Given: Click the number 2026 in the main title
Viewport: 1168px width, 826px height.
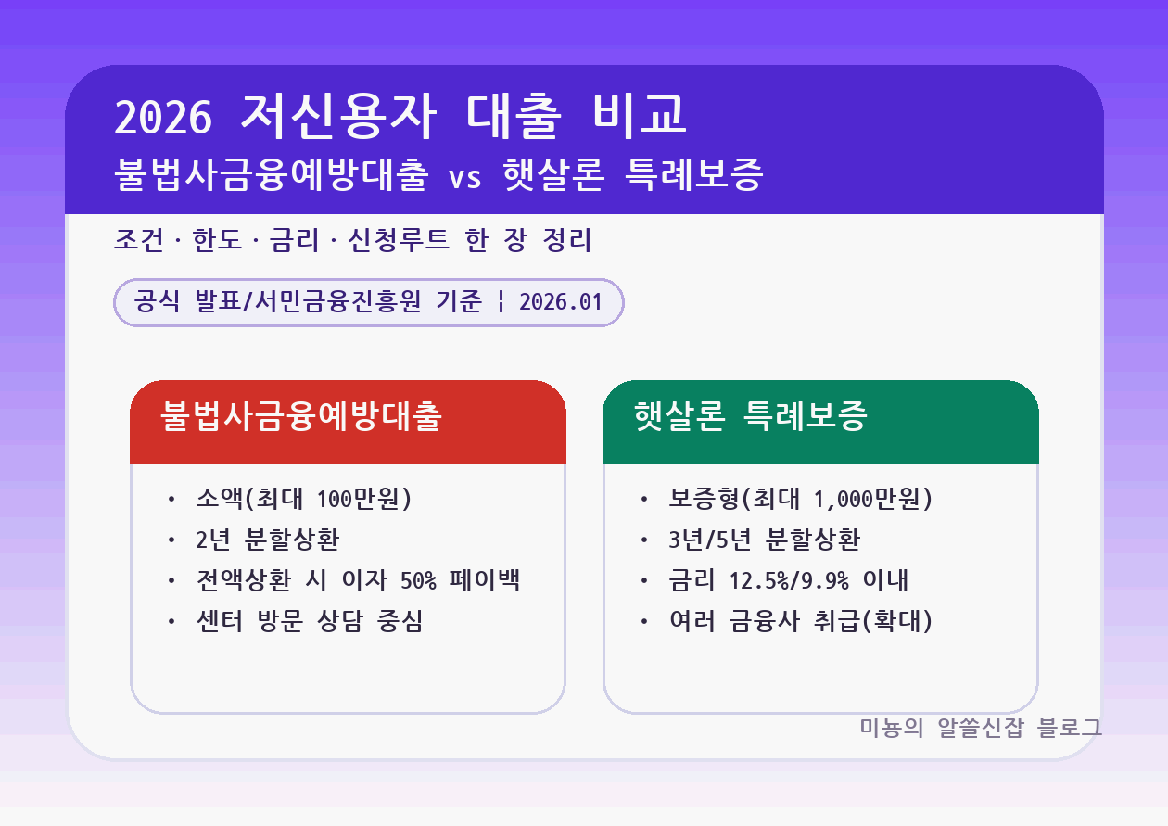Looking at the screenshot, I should coord(164,117).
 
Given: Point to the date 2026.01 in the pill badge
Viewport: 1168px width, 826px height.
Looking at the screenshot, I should coord(561,302).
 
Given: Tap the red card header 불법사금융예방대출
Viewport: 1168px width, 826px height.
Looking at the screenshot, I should coord(301,417).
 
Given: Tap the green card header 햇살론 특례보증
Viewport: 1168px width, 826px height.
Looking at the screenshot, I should coord(750,417).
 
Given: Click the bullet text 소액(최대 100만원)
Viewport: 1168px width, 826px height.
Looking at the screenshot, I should coord(303,499).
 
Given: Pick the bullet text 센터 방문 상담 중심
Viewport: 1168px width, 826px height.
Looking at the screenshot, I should coord(309,621).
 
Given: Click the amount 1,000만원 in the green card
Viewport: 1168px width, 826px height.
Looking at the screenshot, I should coord(866,499).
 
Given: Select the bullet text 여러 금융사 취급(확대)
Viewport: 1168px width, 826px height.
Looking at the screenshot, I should coord(800,621).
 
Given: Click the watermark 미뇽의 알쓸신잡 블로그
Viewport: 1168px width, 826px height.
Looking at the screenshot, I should coord(981,728).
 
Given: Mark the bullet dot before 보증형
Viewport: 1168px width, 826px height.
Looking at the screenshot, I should coord(644,501).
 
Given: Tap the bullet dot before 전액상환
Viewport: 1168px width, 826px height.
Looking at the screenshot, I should coord(171,581).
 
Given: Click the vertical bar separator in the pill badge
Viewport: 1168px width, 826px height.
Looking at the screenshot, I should coord(501,302).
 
